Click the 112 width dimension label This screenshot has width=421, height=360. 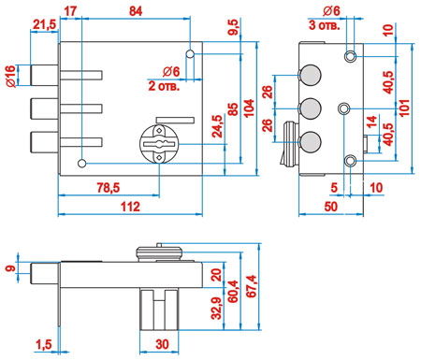(x=130, y=207)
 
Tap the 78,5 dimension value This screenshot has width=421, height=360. (x=108, y=188)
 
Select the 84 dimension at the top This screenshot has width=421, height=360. (x=136, y=11)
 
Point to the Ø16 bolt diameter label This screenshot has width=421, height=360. (x=10, y=76)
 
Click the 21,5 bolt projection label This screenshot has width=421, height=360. (x=44, y=24)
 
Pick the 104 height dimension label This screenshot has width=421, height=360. (x=249, y=108)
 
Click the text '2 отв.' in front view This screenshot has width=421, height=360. (x=164, y=86)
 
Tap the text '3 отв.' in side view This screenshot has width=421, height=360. (x=325, y=25)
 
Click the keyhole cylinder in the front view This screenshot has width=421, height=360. (x=159, y=142)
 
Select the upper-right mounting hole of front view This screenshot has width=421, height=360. (x=190, y=54)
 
